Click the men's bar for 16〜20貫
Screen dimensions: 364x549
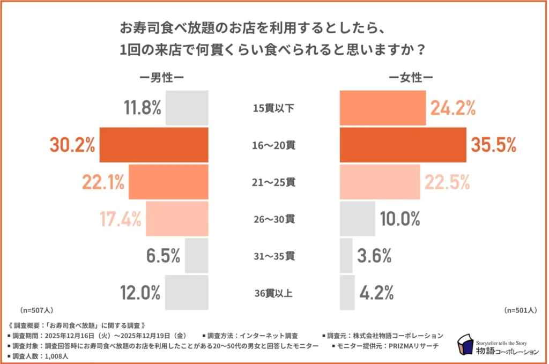tap(154, 145)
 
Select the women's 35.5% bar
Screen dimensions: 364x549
tap(403, 145)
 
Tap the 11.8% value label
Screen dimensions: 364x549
tap(143, 108)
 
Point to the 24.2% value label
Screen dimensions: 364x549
tap(452, 108)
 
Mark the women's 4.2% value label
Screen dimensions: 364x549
tap(376, 293)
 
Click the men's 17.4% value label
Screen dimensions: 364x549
tap(121, 219)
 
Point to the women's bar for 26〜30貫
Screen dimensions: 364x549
tap(358, 219)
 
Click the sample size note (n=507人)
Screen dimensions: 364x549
tap(36, 310)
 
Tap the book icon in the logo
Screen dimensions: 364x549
tap(464, 346)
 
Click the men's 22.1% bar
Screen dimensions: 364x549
tap(168, 182)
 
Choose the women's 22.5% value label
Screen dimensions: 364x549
tap(447, 182)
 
